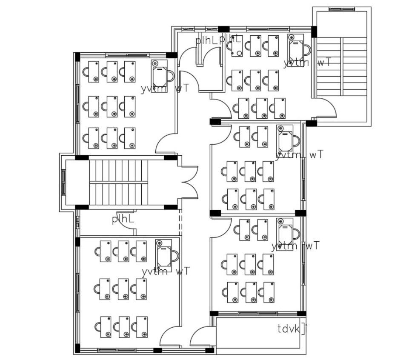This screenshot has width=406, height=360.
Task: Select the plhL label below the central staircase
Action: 123,220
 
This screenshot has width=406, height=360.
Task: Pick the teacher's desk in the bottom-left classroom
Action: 163,255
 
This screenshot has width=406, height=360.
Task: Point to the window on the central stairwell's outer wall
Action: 63,182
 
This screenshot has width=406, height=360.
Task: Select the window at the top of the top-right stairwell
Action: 341,9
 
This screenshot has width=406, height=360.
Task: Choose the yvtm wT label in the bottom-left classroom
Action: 166,271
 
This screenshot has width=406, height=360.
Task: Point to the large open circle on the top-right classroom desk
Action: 239,54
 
